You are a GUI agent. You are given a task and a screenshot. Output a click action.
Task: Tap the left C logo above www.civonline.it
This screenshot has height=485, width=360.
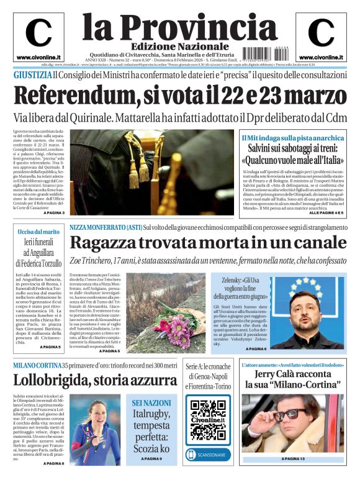point(38,32)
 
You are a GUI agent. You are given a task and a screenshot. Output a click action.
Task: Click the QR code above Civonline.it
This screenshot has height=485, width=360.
point(208,412)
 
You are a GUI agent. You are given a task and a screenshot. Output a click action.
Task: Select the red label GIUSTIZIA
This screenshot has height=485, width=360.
point(32,75)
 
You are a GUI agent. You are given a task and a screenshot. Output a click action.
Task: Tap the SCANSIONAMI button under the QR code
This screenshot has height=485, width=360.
point(207,455)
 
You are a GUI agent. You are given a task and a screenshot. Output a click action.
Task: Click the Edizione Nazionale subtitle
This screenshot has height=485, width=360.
point(172,47)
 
